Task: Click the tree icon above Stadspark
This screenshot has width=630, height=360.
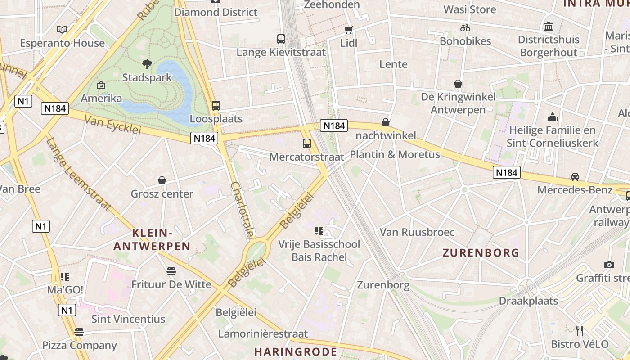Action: (147, 64)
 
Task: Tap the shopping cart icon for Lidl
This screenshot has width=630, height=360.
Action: (348, 30)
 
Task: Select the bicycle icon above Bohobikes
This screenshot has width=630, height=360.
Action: (465, 28)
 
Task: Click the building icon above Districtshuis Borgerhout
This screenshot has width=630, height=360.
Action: (548, 26)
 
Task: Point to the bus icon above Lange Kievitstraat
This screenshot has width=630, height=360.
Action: (281, 39)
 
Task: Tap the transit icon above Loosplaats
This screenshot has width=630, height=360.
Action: (216, 106)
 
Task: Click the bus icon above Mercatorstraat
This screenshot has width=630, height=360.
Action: (307, 144)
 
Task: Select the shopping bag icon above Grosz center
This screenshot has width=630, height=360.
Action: (162, 180)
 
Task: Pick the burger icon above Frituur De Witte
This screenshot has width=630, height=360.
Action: (171, 271)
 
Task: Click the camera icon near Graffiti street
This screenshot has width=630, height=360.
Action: (609, 265)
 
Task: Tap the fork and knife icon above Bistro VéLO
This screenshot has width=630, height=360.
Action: (580, 331)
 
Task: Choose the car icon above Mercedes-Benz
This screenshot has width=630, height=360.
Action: (575, 176)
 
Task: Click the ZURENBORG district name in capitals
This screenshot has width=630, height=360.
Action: (481, 252)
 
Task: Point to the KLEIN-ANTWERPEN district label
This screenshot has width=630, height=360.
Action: (152, 239)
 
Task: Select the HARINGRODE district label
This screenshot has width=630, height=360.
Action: (296, 351)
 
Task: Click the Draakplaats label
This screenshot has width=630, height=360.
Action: (528, 301)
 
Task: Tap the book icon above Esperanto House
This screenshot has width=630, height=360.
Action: (62, 30)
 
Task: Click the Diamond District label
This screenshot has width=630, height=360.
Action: (216, 12)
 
